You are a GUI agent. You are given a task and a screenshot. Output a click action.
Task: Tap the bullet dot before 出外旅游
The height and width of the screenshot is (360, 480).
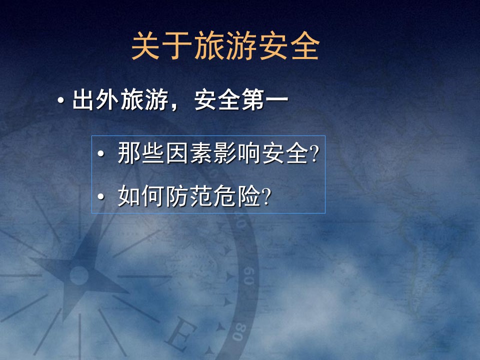pyautogui.click(x=60, y=102)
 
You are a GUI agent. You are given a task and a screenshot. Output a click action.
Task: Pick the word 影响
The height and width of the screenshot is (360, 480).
pyautogui.click(x=237, y=154)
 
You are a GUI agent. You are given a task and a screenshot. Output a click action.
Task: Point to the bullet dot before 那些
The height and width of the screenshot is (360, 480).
pyautogui.click(x=101, y=155)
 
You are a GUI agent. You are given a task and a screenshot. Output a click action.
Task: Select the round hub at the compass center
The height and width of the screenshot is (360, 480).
pyautogui.click(x=78, y=275)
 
